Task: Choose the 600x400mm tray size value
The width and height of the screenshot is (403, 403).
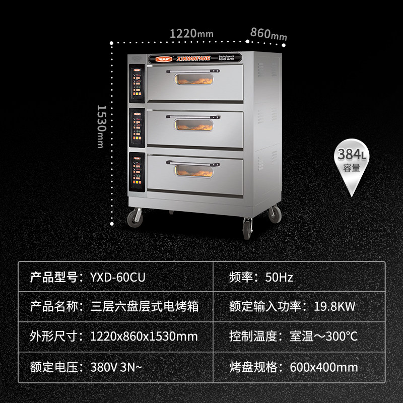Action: pyautogui.click(x=324, y=366)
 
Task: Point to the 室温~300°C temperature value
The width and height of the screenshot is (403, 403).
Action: pyautogui.click(x=324, y=336)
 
